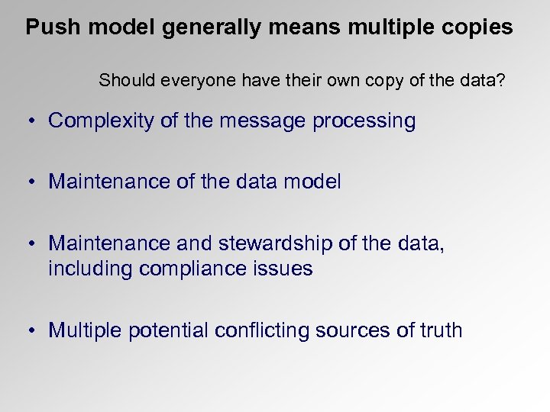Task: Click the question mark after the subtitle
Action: (500, 80)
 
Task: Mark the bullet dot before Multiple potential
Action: (27, 331)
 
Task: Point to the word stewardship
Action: (277, 243)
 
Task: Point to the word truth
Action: (441, 330)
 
